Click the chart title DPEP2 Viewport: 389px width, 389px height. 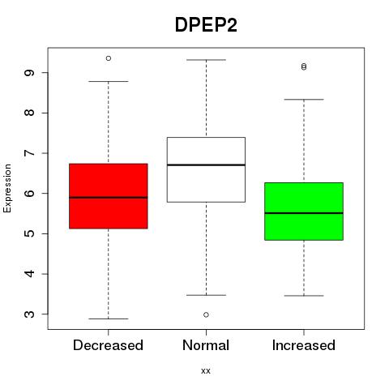tap(206, 25)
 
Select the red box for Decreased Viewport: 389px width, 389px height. tap(109, 196)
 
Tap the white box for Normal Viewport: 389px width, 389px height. tap(206, 169)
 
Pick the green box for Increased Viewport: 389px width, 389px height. tap(304, 212)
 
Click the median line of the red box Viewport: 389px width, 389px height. tap(109, 198)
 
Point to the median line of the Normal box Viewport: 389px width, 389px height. tap(206, 165)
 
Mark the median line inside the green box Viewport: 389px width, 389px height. tap(304, 213)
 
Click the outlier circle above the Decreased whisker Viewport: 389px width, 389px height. tap(109, 58)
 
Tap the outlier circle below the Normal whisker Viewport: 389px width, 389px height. tap(206, 314)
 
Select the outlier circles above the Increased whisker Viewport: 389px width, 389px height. tap(304, 66)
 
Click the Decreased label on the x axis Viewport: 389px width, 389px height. tap(108, 345)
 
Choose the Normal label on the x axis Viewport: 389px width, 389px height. tap(206, 345)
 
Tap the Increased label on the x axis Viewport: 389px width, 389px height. tap(304, 345)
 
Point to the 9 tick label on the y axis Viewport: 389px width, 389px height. tap(30, 73)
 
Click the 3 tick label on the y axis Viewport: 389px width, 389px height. tap(30, 314)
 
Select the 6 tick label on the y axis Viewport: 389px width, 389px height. tap(30, 194)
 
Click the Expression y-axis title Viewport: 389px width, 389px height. tap(7, 188)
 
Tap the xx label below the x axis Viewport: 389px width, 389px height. tap(206, 371)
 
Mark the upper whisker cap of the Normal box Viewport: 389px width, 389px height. tap(206, 60)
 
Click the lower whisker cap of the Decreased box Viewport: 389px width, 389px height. tap(109, 318)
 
